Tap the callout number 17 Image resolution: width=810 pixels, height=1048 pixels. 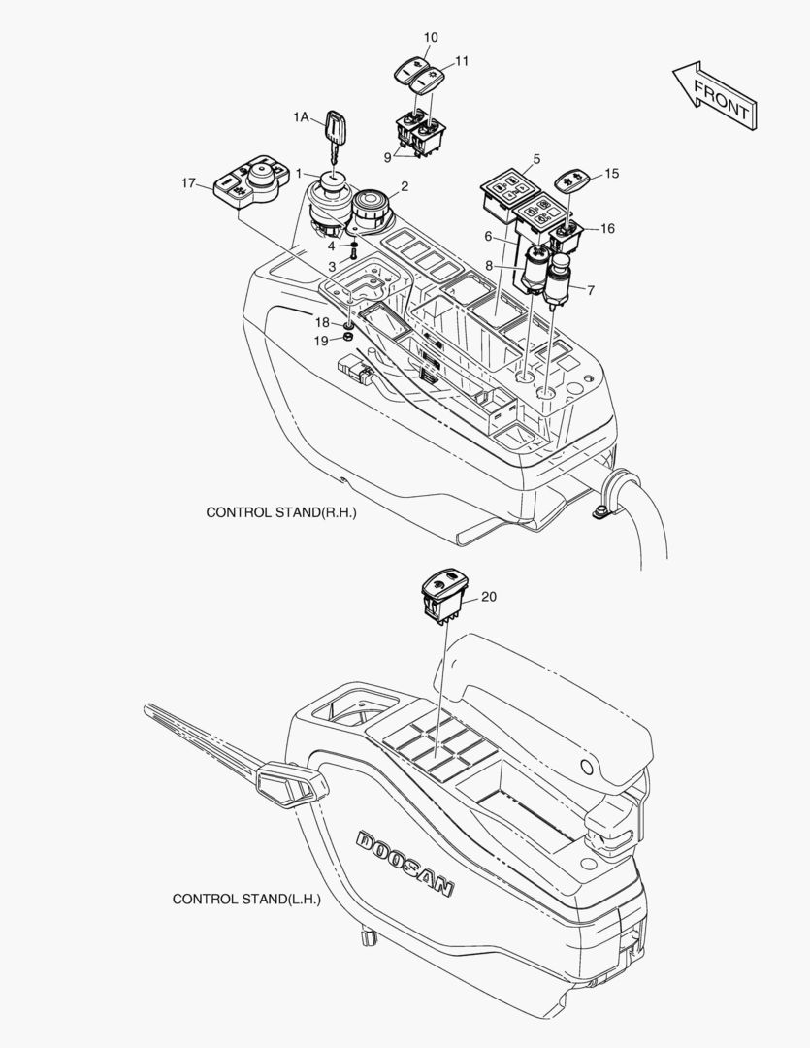tap(188, 182)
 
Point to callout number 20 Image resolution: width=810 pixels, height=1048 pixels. tap(489, 597)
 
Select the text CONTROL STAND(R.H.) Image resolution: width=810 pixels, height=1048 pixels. tap(281, 511)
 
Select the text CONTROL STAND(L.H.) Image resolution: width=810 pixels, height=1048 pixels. tap(246, 899)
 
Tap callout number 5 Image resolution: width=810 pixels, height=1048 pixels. tap(536, 158)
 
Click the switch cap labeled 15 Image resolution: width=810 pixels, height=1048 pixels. tap(571, 180)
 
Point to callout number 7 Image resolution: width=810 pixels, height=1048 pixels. tap(592, 290)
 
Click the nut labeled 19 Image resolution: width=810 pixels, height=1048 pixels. tap(348, 338)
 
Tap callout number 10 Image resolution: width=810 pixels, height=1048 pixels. tap(431, 37)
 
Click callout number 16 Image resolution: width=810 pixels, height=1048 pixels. tap(608, 229)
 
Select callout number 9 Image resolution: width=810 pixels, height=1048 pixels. tap(389, 156)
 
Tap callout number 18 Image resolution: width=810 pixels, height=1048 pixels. tap(321, 321)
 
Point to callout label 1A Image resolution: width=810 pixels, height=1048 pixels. tap(301, 116)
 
